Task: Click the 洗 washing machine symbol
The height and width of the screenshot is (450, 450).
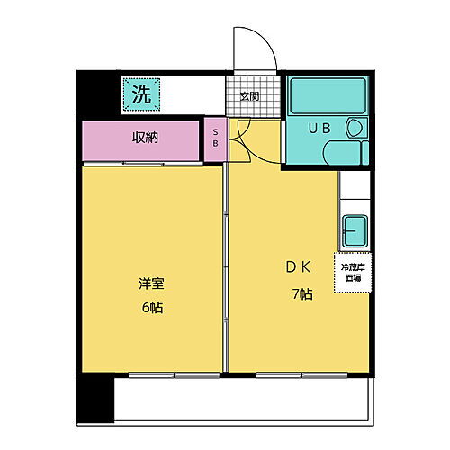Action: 141,94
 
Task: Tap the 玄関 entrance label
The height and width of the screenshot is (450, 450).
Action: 249,97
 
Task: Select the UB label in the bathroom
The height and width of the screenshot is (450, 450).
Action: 320,129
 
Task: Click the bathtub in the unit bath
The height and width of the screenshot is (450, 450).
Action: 328,94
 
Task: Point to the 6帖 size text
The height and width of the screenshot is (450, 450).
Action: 151,308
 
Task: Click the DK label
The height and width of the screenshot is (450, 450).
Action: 300,267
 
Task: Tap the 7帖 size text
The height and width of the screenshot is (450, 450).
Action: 300,293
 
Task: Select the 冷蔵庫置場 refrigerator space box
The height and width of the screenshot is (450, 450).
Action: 352,272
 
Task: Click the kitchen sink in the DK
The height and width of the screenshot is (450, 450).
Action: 354,230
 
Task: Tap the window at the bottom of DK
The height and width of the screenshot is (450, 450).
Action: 289,373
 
